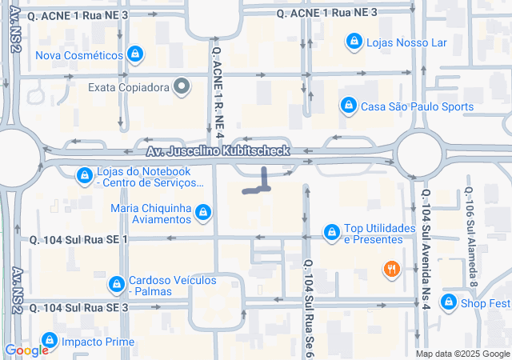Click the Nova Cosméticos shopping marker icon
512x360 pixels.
click(135, 55)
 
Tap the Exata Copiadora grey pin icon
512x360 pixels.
click(182, 86)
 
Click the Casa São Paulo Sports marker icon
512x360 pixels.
click(347, 106)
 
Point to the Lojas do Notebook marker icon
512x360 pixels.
click(84, 175)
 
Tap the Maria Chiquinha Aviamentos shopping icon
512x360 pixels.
click(203, 212)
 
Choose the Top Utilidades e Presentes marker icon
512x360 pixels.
click(331, 232)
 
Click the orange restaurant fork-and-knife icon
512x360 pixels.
click(390, 270)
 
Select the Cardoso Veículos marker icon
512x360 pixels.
click(117, 284)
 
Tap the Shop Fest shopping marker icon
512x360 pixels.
click(449, 302)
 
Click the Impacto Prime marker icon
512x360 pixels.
click(50, 341)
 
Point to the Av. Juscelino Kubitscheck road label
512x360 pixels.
click(230, 151)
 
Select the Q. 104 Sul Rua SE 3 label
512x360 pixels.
click(79, 307)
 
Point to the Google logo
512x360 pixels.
click(26, 350)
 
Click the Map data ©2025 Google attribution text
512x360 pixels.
click(462, 354)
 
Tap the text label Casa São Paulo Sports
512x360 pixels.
click(418, 106)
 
